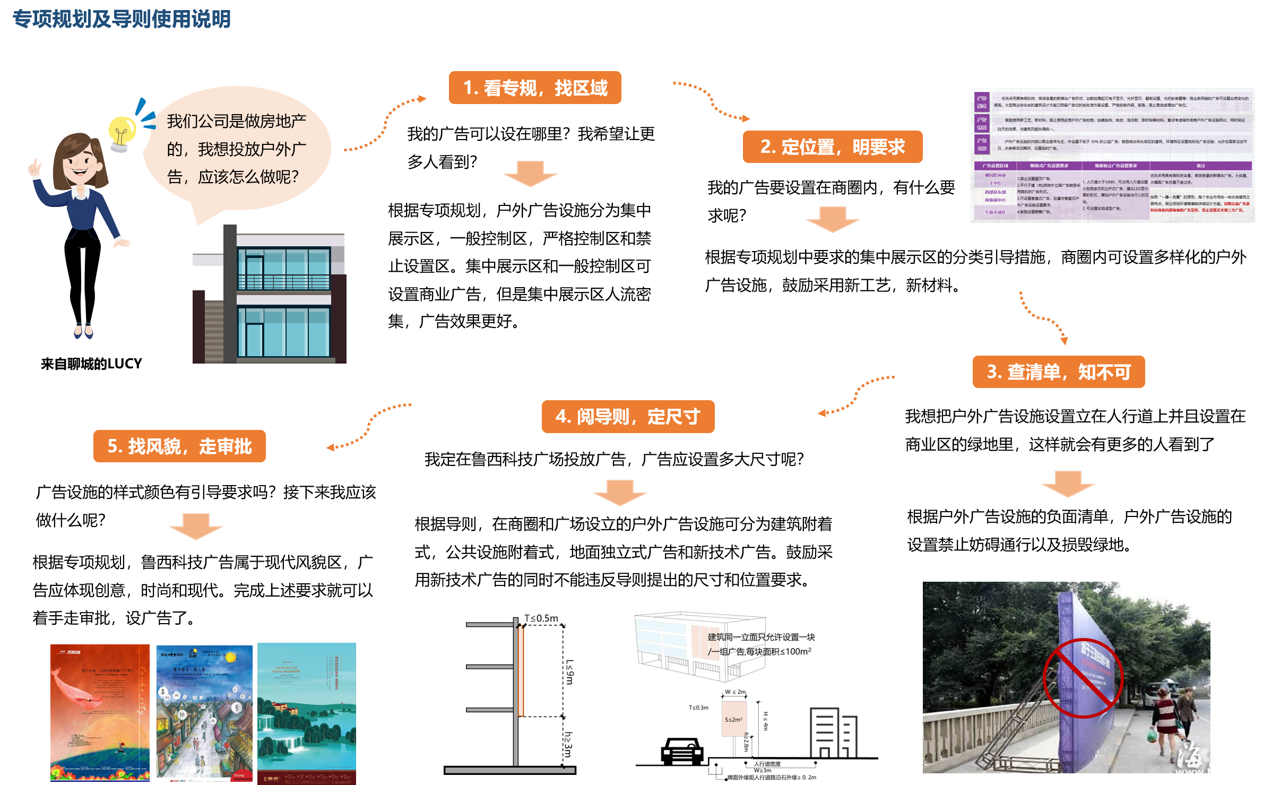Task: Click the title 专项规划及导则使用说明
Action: coord(122,19)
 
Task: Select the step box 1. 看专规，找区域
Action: coord(535,88)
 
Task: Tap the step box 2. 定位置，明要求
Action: coord(832,146)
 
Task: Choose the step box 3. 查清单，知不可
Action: coord(1058,372)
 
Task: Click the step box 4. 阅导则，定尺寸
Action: coord(628,417)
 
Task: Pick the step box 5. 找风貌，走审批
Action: coord(179,446)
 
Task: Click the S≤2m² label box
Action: coord(734,719)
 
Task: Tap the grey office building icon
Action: coord(833,732)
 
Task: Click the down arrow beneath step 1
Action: coord(530,174)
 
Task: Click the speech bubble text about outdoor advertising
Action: coord(236,149)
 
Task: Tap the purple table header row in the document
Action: coord(1113,166)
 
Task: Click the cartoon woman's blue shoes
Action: coord(83,332)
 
